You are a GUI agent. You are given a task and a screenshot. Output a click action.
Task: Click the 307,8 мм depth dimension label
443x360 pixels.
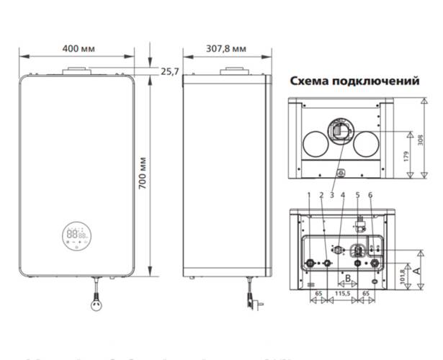click(x=225, y=48)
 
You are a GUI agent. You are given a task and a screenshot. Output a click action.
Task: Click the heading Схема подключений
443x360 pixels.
click(x=354, y=82)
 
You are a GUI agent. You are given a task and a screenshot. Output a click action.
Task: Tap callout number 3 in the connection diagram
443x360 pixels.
click(x=331, y=195)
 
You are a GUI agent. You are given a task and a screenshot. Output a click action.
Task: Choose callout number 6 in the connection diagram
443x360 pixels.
click(x=370, y=195)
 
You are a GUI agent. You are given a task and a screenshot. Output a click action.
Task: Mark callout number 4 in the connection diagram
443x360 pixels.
click(x=343, y=195)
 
